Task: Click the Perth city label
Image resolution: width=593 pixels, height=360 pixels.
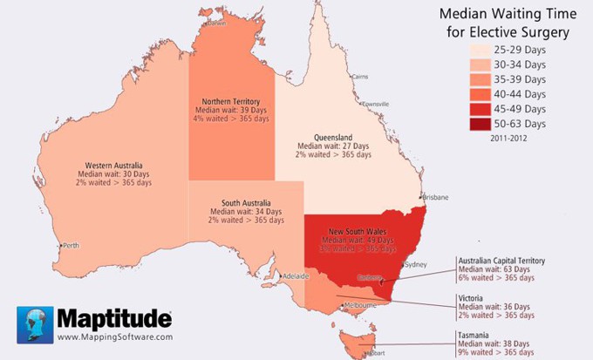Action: tap(69, 246)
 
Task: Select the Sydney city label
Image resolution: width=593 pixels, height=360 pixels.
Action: tap(417, 264)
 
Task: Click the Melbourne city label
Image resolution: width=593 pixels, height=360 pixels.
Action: tap(359, 306)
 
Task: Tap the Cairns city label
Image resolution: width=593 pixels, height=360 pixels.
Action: tap(359, 77)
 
